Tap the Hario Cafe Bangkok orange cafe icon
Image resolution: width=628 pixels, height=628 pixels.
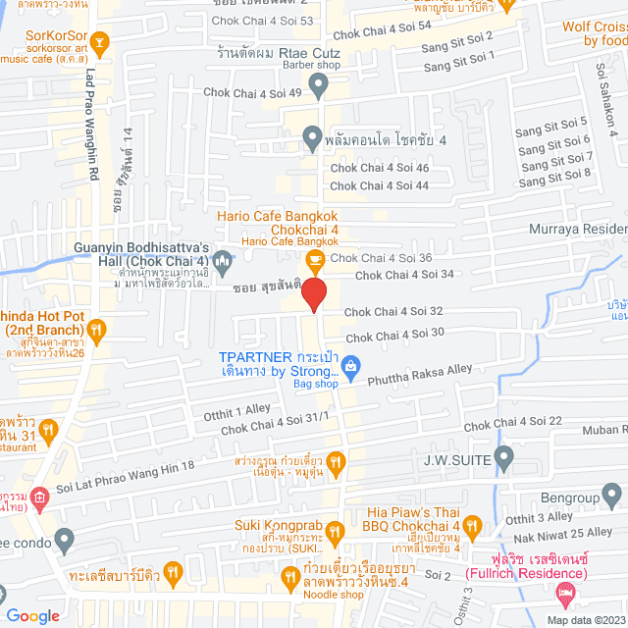[314, 259]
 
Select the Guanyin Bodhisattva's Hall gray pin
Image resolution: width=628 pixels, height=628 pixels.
[223, 260]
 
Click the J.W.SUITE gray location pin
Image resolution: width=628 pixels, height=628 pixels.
[504, 456]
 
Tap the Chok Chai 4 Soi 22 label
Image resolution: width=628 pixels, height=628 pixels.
[512, 423]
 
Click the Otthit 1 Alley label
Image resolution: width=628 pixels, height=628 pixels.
[235, 410]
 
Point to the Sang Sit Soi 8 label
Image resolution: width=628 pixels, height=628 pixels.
[554, 177]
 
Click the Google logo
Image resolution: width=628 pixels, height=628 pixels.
[31, 615]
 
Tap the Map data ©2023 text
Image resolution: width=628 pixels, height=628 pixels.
[586, 620]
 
